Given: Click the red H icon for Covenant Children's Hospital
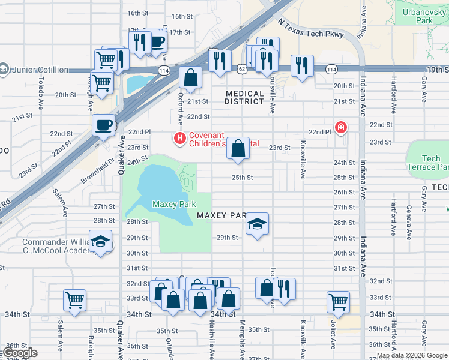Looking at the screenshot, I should tap(179, 139).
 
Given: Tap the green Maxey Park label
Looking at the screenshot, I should tap(174, 205).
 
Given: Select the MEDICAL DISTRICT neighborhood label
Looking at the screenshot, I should tap(245, 98).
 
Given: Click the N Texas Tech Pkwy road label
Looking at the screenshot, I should tap(311, 29).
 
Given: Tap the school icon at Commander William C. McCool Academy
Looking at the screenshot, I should tap(101, 242).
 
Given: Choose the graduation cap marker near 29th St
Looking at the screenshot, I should tap(257, 224).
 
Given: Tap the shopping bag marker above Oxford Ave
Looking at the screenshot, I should tap(190, 77).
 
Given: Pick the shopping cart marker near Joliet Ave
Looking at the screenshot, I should tap(338, 302).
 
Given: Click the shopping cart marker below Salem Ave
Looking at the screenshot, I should tap(74, 300).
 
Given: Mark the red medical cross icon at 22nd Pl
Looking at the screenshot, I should tap(341, 127).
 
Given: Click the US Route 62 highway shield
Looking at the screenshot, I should tap(241, 70).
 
